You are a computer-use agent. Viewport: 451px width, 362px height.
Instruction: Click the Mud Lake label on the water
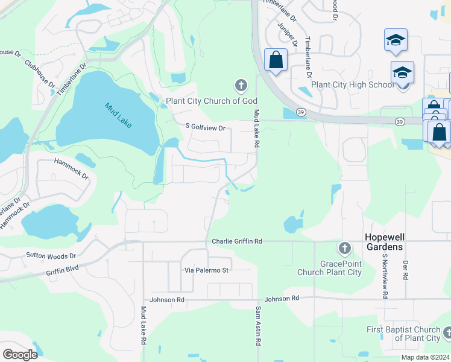coord(118,115)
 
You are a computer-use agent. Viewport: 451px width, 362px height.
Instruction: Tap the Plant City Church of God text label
coord(212,101)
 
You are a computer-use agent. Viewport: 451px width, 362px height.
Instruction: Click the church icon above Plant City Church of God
coord(241,85)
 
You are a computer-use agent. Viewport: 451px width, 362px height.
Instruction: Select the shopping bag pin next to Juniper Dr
coord(276,60)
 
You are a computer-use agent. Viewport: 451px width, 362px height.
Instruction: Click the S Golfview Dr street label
coord(205,128)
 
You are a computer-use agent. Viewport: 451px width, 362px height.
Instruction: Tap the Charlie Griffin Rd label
coord(237,241)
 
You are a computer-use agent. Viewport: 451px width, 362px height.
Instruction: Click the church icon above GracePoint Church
coord(344,248)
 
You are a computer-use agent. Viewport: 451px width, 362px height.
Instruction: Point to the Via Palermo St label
coord(206,270)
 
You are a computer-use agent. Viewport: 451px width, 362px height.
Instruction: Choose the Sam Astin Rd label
coord(257,326)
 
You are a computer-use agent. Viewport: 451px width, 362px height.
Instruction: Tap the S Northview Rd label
coord(383,276)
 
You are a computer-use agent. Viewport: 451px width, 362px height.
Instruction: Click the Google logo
coord(20,354)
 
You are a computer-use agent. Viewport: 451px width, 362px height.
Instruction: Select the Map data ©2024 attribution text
coord(424,357)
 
